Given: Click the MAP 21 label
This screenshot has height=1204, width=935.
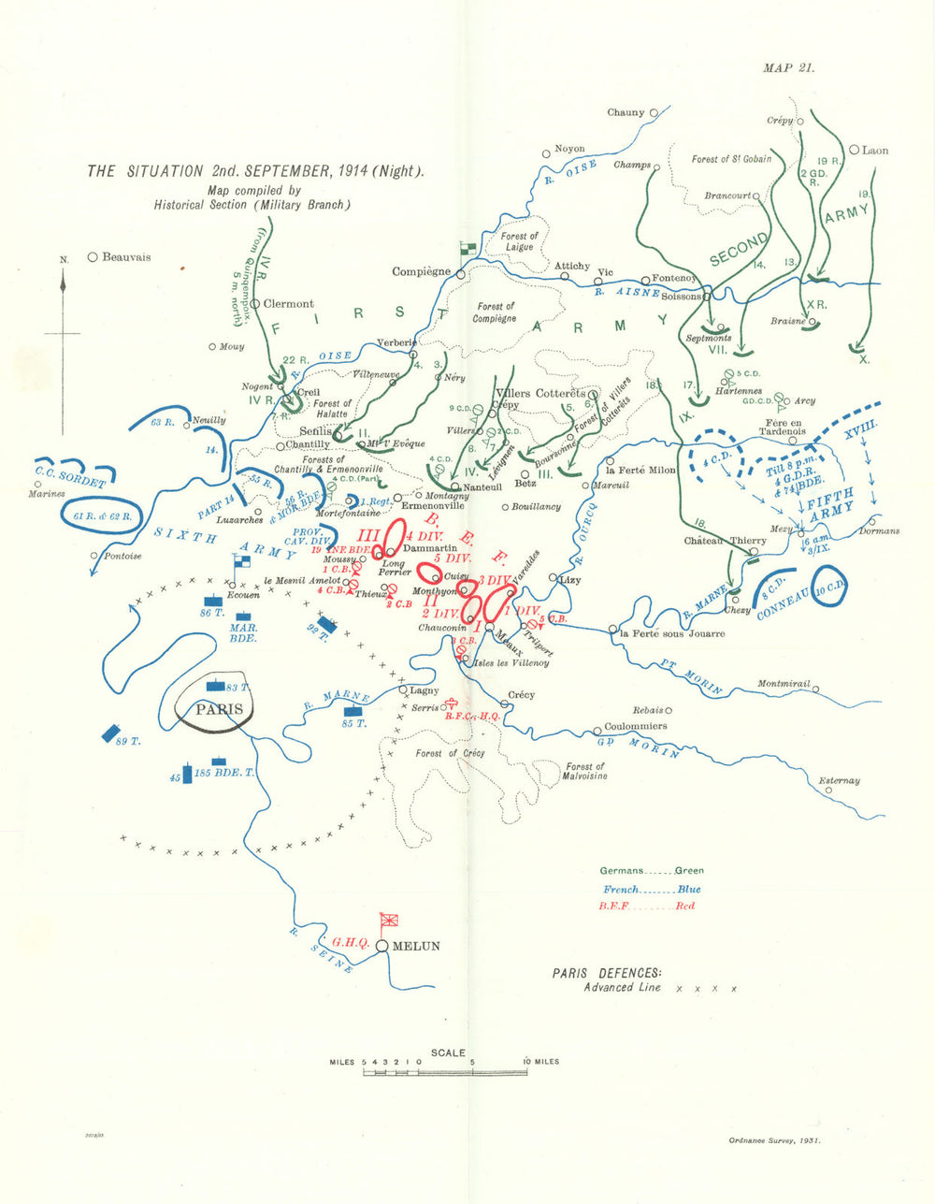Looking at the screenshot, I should click(x=788, y=67).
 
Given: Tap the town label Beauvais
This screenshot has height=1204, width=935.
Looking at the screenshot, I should click(x=126, y=257).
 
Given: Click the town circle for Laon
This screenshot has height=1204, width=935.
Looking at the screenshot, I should click(x=854, y=150).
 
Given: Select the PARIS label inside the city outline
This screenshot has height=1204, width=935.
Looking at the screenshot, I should click(x=218, y=709).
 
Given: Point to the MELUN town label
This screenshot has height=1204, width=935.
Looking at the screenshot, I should click(x=416, y=946).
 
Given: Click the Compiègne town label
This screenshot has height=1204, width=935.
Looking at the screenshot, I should click(x=421, y=272).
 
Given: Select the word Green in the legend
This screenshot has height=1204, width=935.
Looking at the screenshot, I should click(x=689, y=871).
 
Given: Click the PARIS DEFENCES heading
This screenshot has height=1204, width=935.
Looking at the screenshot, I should click(x=607, y=973).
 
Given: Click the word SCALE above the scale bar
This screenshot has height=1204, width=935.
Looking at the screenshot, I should click(x=447, y=1052).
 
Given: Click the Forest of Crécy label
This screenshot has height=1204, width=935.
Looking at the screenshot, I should click(x=450, y=753).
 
